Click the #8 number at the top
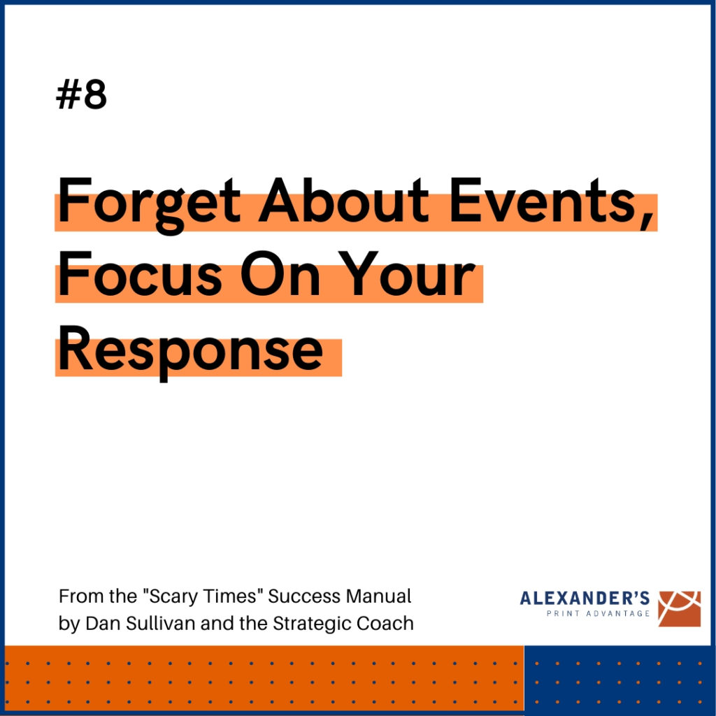coord(81,94)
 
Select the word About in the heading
coord(343,200)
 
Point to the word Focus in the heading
coord(140,273)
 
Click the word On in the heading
coord(280,273)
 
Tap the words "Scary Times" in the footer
coord(203,596)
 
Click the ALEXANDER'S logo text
coord(585,598)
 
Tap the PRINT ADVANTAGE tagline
coord(599,613)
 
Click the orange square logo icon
coord(679,609)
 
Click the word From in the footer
coord(76,596)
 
